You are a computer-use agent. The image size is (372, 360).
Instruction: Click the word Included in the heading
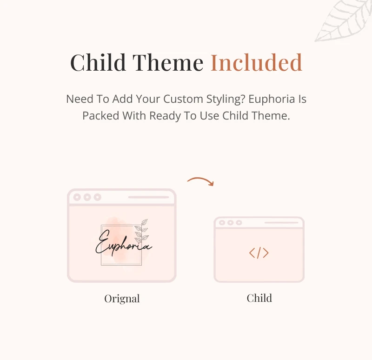256,62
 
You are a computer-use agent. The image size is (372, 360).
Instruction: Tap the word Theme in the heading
168,62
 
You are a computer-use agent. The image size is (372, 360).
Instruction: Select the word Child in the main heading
98,62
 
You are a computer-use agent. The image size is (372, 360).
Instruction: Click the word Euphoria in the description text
272,99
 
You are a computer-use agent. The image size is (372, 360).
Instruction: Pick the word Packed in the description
101,116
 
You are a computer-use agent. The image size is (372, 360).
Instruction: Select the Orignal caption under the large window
122,299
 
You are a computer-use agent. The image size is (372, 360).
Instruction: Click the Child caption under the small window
259,298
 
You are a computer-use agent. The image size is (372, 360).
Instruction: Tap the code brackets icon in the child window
259,253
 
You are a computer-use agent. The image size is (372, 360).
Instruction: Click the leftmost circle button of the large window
77,197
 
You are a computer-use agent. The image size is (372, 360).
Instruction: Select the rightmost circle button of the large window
97,197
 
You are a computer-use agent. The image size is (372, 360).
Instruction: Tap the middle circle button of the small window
230,223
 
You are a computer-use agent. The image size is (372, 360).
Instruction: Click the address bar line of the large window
148,197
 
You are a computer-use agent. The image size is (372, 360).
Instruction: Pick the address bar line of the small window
281,223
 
